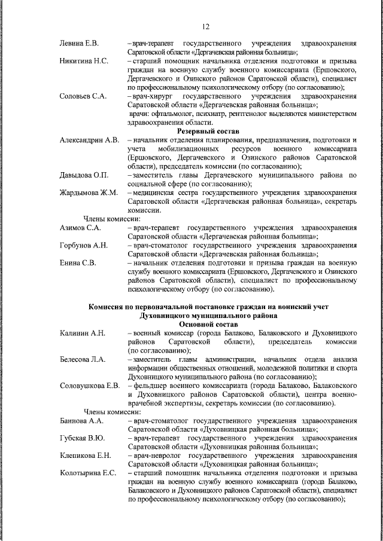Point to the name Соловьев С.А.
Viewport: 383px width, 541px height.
[83, 96]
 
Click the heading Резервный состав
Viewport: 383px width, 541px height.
[208, 130]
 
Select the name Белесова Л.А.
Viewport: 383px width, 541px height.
[83, 359]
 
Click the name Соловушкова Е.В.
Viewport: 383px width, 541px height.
[90, 385]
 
